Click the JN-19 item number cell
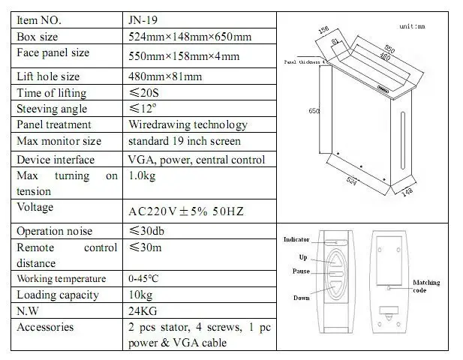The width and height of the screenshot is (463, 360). [143, 20]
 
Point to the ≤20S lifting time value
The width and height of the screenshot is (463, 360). [146, 93]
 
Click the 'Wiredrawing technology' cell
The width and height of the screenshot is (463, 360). [188, 124]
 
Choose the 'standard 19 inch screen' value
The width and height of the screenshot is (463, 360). [184, 141]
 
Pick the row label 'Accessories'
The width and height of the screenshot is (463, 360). [45, 327]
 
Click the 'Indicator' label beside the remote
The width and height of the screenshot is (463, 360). [296, 239]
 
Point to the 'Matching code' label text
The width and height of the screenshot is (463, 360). [426, 286]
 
